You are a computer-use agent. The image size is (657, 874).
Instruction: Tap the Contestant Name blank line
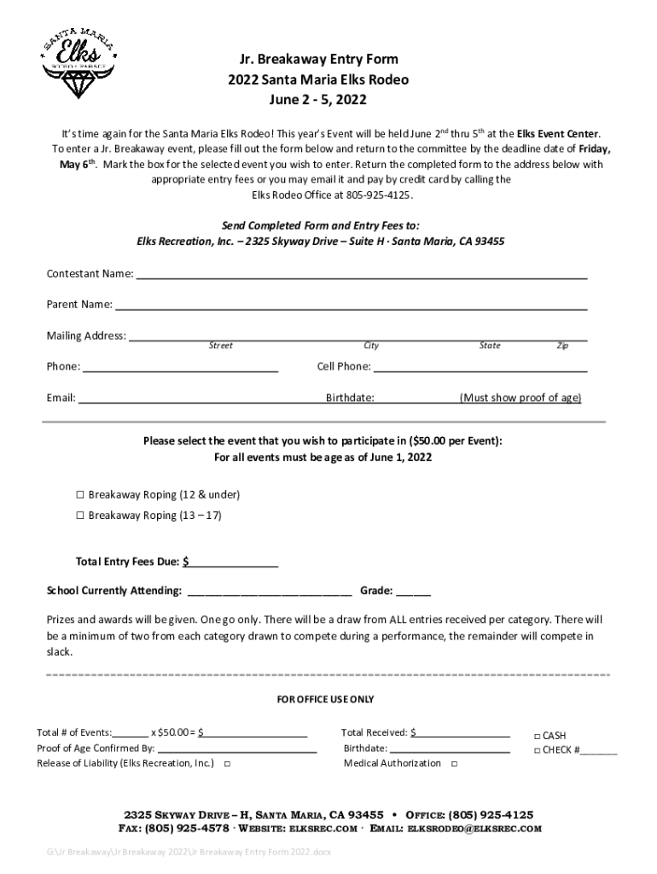[362, 276]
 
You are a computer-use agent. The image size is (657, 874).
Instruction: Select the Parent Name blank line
[351, 306]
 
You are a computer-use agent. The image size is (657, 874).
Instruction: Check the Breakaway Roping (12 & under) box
[80, 495]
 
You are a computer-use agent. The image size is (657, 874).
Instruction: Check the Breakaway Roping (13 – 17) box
[80, 516]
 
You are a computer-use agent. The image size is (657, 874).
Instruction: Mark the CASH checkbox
[537, 736]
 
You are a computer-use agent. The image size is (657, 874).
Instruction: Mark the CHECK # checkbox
[537, 750]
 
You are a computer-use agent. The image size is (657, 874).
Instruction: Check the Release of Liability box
[227, 764]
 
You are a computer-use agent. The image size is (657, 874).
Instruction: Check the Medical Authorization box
[454, 764]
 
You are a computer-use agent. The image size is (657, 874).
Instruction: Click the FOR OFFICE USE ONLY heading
[326, 700]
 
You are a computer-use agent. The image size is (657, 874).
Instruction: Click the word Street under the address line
[221, 346]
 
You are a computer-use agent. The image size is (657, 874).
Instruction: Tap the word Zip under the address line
[562, 346]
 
